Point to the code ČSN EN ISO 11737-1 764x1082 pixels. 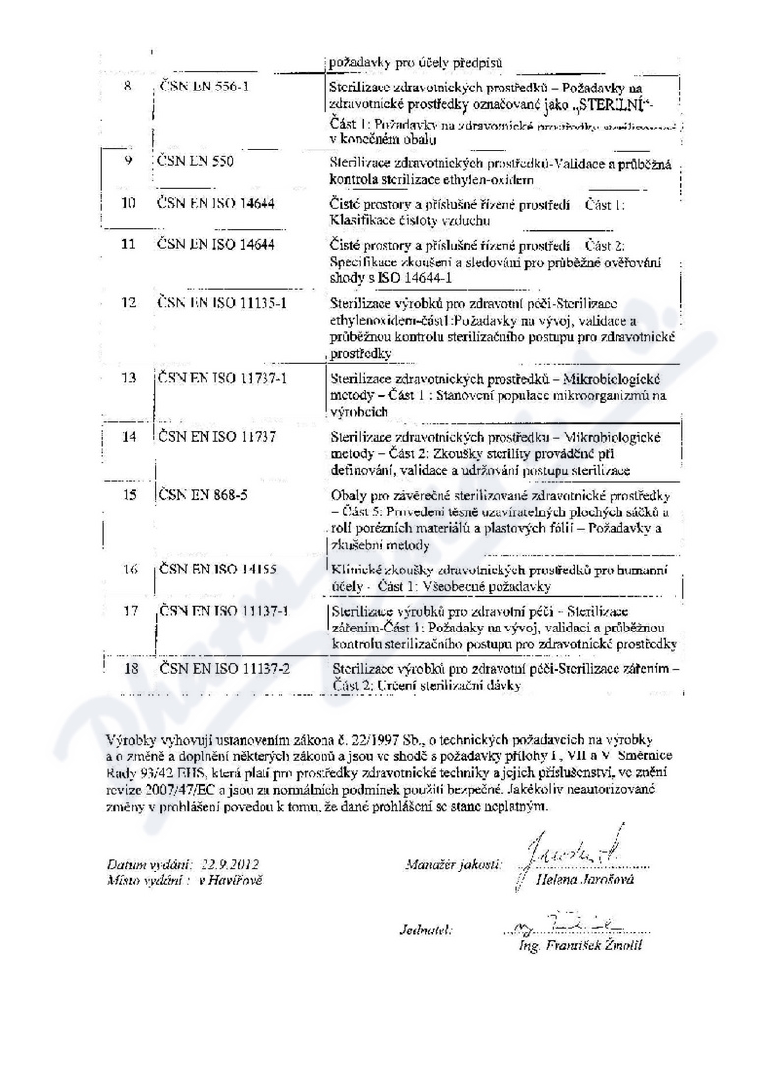pos(221,379)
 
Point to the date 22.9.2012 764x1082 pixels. pos(227,864)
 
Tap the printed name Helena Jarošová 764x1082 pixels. pos(589,879)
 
